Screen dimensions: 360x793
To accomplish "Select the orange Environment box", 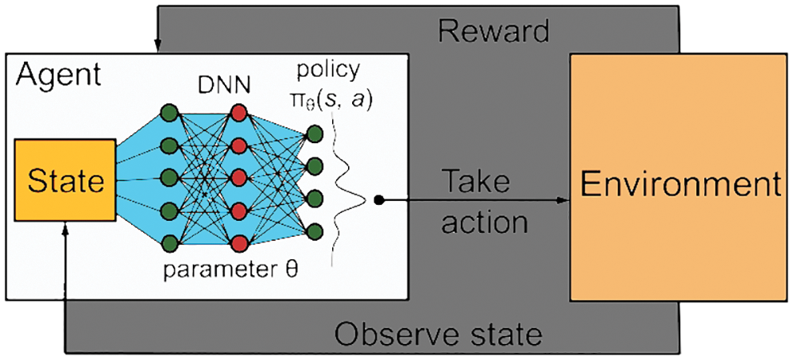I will click(679, 186).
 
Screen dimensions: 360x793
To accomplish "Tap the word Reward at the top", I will click(494, 30).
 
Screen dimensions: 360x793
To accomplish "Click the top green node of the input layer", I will click(169, 112).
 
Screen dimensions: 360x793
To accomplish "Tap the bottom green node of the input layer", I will click(169, 242).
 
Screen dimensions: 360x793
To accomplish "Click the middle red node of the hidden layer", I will click(238, 177).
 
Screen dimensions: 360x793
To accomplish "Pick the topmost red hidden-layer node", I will click(238, 112).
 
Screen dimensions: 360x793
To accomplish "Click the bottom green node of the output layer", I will click(314, 232).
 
